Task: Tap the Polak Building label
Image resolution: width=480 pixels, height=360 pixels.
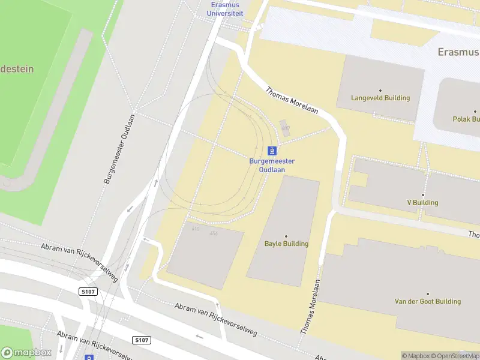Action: pyautogui.click(x=466, y=119)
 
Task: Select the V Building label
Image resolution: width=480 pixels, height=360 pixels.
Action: pyautogui.click(x=422, y=203)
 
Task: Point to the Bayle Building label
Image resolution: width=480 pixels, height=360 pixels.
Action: pyautogui.click(x=286, y=244)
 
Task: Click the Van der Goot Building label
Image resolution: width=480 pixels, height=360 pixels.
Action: pyautogui.click(x=427, y=301)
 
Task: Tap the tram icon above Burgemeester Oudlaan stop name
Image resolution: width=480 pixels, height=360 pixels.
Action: pyautogui.click(x=272, y=151)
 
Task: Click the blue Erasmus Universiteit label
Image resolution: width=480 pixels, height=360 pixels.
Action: pyautogui.click(x=224, y=8)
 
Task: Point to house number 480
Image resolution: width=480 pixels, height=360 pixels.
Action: pyautogui.click(x=285, y=128)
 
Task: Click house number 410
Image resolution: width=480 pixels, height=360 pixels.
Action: pyautogui.click(x=196, y=229)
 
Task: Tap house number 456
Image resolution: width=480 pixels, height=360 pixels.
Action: pyautogui.click(x=214, y=233)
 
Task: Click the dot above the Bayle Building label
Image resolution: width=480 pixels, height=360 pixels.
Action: pyautogui.click(x=286, y=236)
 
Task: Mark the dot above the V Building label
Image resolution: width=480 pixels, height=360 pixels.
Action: pyautogui.click(x=422, y=195)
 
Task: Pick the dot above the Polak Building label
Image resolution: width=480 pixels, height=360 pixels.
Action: pyautogui.click(x=475, y=112)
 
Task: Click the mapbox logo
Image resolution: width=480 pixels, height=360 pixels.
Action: pyautogui.click(x=26, y=352)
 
